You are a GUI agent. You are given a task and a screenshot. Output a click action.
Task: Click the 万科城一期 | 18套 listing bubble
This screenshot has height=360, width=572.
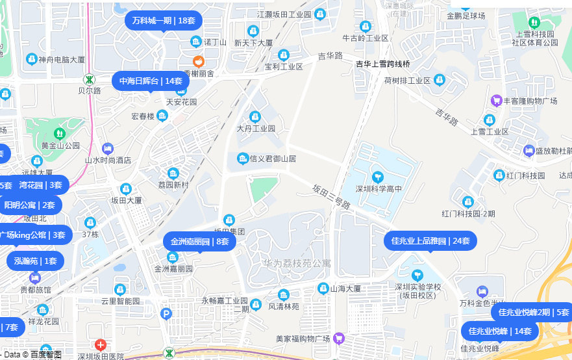click(x=164, y=20)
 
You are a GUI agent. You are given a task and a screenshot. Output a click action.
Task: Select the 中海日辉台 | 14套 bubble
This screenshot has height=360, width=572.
click(x=151, y=81)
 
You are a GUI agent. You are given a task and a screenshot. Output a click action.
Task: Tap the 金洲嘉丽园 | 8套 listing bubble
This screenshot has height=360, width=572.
click(x=199, y=242)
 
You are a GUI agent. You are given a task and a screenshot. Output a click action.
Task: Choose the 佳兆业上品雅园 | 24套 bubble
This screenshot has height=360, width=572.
click(x=430, y=240)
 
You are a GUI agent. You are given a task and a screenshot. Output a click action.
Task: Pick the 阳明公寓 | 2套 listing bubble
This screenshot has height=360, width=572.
click(x=30, y=205)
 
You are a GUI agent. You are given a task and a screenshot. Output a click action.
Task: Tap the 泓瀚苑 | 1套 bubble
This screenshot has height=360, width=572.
click(x=36, y=261)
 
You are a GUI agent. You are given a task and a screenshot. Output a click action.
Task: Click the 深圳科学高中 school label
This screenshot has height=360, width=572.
click(x=379, y=189)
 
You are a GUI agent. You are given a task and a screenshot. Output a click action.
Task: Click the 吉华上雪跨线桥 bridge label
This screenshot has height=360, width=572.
click(x=383, y=64)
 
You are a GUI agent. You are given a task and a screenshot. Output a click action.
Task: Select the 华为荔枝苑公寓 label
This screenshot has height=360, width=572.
click(x=297, y=264)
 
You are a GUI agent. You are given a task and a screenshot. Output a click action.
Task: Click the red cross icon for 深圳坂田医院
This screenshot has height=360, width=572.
click(x=101, y=345)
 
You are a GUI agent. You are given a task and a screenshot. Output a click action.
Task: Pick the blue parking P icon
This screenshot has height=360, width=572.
click(x=166, y=314)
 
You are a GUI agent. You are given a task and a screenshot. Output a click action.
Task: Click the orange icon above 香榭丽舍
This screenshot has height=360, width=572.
click(x=199, y=62)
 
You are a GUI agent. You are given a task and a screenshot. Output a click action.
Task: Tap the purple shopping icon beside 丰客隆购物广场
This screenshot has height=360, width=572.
click(x=497, y=100)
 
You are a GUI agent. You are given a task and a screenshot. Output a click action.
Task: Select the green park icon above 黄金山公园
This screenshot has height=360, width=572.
click(x=60, y=133)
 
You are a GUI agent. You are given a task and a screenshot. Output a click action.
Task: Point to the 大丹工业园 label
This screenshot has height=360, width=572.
click(x=256, y=129)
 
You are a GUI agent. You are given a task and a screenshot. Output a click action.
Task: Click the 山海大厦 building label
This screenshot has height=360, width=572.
click(x=345, y=288)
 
